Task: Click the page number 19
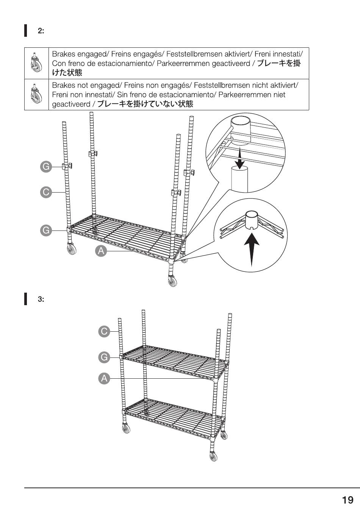pos(347,500)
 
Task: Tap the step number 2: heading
pos(41,31)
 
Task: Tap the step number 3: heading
pos(41,299)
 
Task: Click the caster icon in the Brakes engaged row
pos(36,63)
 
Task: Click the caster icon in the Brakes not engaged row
pos(36,94)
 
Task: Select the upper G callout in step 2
pos(46,166)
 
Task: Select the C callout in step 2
pos(46,192)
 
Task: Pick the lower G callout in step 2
pos(46,230)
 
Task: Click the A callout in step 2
pos(101,251)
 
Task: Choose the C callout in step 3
pos(104,331)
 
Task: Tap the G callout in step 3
pos(104,357)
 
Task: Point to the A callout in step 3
pos(104,378)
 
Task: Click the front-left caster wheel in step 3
pos(125,428)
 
